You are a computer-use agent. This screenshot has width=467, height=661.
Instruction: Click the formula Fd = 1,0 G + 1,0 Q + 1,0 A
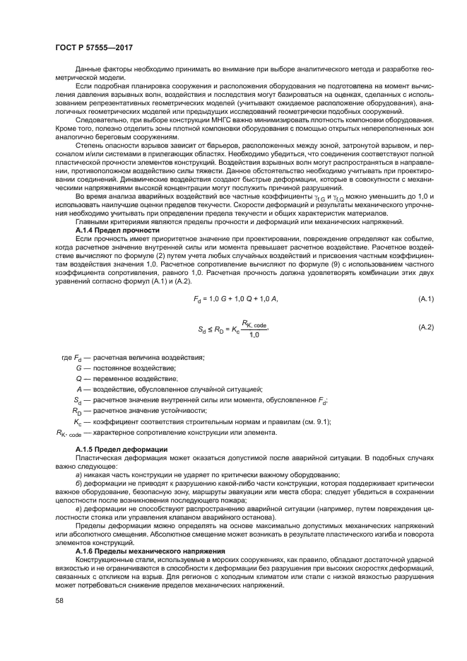pos(235,300)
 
